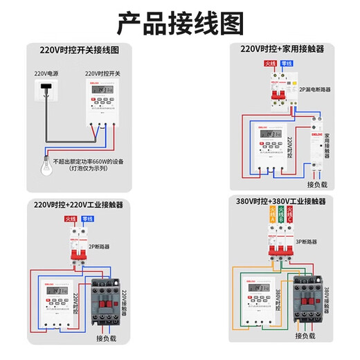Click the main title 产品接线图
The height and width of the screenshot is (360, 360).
180,23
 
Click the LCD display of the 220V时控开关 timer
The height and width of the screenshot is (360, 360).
101,89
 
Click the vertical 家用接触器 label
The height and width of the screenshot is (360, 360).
327,147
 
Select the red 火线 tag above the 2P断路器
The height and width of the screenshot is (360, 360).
71,220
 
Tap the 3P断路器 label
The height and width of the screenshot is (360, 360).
306,242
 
